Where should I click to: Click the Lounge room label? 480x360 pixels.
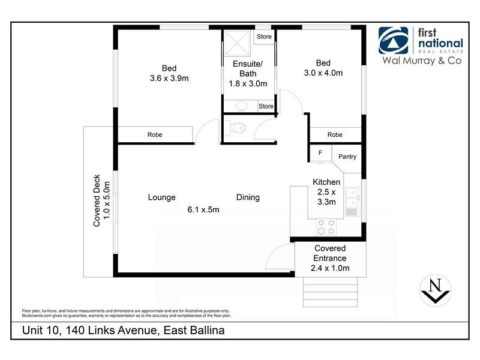[x=161, y=197]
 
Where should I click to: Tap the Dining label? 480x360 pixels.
[x=248, y=197]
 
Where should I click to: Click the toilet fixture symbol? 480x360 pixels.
[x=236, y=128]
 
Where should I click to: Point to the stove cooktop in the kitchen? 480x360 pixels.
[x=326, y=226]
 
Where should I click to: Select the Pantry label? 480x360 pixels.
[x=347, y=157]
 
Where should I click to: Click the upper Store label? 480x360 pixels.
[x=265, y=37]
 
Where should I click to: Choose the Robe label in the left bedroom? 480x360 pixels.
[x=155, y=135]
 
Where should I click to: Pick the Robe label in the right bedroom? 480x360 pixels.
[x=335, y=135]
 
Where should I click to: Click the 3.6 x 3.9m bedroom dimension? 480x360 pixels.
[x=169, y=78]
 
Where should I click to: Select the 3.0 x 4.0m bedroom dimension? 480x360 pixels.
[x=323, y=73]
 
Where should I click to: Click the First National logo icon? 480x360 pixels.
[x=394, y=41]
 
